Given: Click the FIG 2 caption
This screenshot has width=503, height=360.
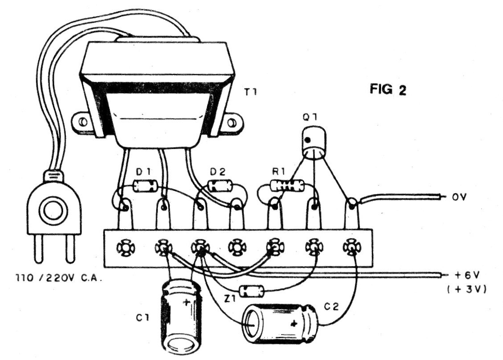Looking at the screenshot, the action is (388, 89).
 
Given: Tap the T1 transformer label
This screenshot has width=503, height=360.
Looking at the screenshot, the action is (250, 92).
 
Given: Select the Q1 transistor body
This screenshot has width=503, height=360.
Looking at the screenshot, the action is (314, 143).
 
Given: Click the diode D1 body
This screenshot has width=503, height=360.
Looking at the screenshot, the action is (145, 186).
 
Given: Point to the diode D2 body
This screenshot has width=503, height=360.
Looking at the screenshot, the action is (220, 186).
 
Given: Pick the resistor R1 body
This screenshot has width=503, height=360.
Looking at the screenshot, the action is (287, 186).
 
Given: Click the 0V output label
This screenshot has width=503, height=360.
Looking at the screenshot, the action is (459, 197).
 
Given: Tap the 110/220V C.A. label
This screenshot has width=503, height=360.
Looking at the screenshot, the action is (59, 278).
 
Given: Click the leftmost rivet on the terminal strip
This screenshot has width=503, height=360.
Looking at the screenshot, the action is (126, 247).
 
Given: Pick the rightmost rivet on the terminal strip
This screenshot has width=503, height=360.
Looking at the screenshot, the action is (352, 247).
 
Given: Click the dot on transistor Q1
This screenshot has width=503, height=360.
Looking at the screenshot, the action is (307, 140).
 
